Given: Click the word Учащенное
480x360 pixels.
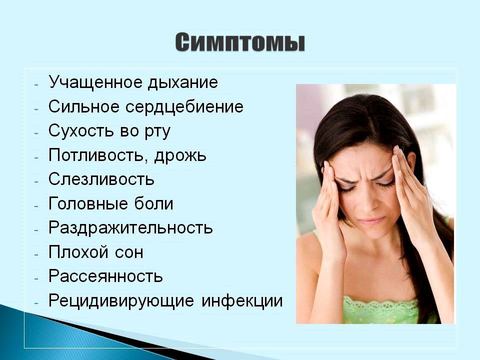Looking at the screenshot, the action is [95, 82].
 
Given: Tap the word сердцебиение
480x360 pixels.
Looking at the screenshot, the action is [184, 107].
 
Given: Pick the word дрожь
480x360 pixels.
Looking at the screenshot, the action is [180, 155].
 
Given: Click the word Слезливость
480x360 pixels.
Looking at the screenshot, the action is [101, 179].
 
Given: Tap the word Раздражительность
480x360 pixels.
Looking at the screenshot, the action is [130, 228].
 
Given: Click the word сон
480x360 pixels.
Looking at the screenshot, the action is [129, 252].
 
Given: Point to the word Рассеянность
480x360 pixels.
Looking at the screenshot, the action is [105, 276].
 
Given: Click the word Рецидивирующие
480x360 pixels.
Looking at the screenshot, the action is [121, 301].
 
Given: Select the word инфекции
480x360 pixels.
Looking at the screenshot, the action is [242, 301].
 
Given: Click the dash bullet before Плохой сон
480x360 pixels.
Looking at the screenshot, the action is [36, 254].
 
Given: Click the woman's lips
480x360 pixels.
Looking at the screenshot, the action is [372, 220].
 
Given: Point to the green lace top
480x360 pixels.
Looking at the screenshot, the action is [382, 308].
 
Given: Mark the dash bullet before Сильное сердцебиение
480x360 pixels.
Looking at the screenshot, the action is [36, 108].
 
